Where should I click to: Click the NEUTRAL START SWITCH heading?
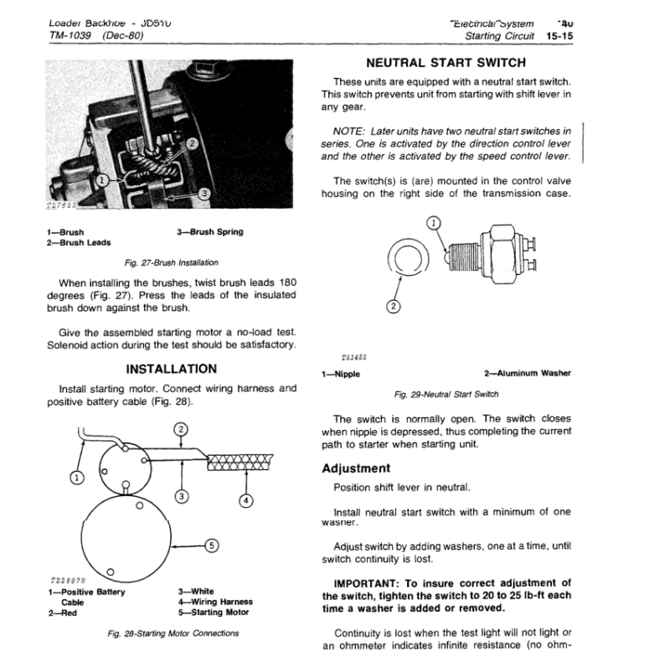click(x=447, y=63)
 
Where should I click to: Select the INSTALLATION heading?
click(x=171, y=369)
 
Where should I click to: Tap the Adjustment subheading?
click(x=356, y=468)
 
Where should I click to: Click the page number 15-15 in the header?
click(x=555, y=36)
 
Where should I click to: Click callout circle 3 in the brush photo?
click(x=204, y=194)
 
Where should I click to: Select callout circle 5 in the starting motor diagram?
click(x=212, y=546)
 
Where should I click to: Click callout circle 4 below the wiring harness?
click(x=245, y=502)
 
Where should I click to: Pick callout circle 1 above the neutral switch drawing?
click(x=433, y=223)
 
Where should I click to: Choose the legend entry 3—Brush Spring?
click(x=209, y=232)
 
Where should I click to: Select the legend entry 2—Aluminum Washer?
click(x=528, y=374)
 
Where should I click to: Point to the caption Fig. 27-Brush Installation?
click(x=171, y=262)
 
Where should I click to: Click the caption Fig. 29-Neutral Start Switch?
click(x=446, y=393)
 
